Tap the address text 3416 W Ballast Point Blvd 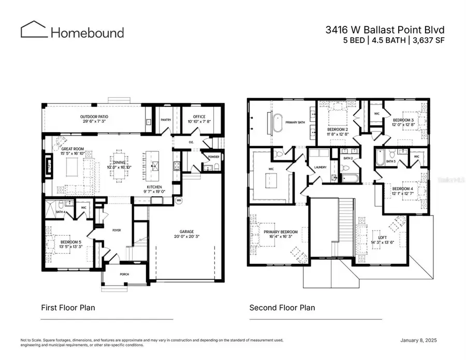tap(385, 30)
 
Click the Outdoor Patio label tap(94, 117)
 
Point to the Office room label tap(199, 117)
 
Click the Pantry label tap(166, 120)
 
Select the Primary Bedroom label tap(281, 232)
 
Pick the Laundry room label tap(319, 167)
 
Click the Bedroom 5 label tap(70, 242)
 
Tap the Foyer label tap(117, 229)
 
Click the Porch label tap(124, 274)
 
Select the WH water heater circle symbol tap(179, 201)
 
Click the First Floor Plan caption tap(68, 308)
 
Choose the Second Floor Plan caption tap(282, 308)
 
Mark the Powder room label tap(213, 156)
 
